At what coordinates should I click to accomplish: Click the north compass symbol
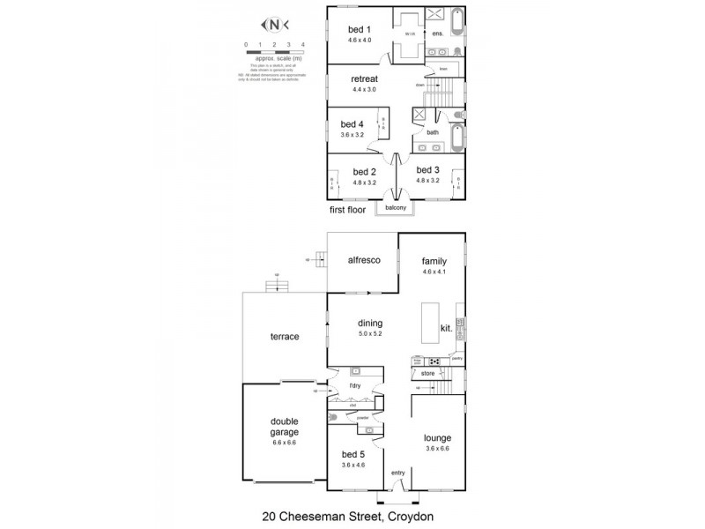(x=274, y=25)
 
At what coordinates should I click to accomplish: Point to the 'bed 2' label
(x=365, y=171)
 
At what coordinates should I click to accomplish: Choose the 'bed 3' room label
(x=427, y=169)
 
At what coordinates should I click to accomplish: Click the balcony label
(x=396, y=208)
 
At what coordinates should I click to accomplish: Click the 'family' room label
(x=434, y=262)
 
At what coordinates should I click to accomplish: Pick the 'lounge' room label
(x=437, y=436)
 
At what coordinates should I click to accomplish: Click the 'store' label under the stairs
(x=428, y=375)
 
